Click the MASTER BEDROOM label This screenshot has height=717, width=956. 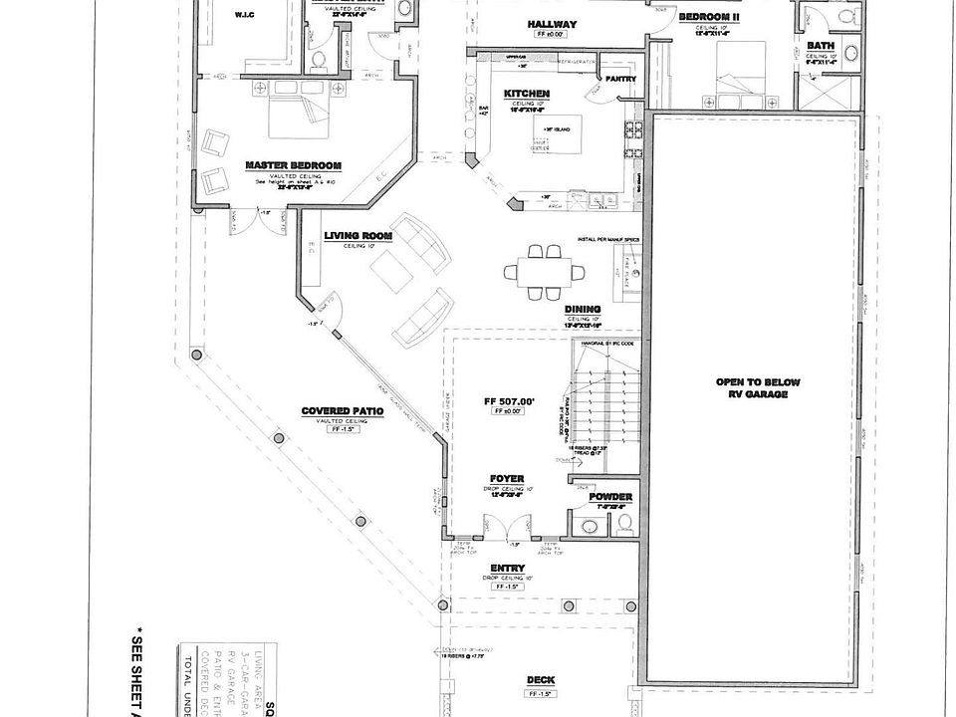294,165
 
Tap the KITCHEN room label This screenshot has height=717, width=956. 527,94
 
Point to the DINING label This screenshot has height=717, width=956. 583,309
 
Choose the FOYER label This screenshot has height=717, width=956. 507,478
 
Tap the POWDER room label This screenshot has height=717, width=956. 610,497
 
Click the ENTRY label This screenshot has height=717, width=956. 507,570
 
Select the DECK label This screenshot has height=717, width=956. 541,681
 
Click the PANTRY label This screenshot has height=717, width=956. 619,80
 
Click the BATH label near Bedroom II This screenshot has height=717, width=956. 821,46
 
